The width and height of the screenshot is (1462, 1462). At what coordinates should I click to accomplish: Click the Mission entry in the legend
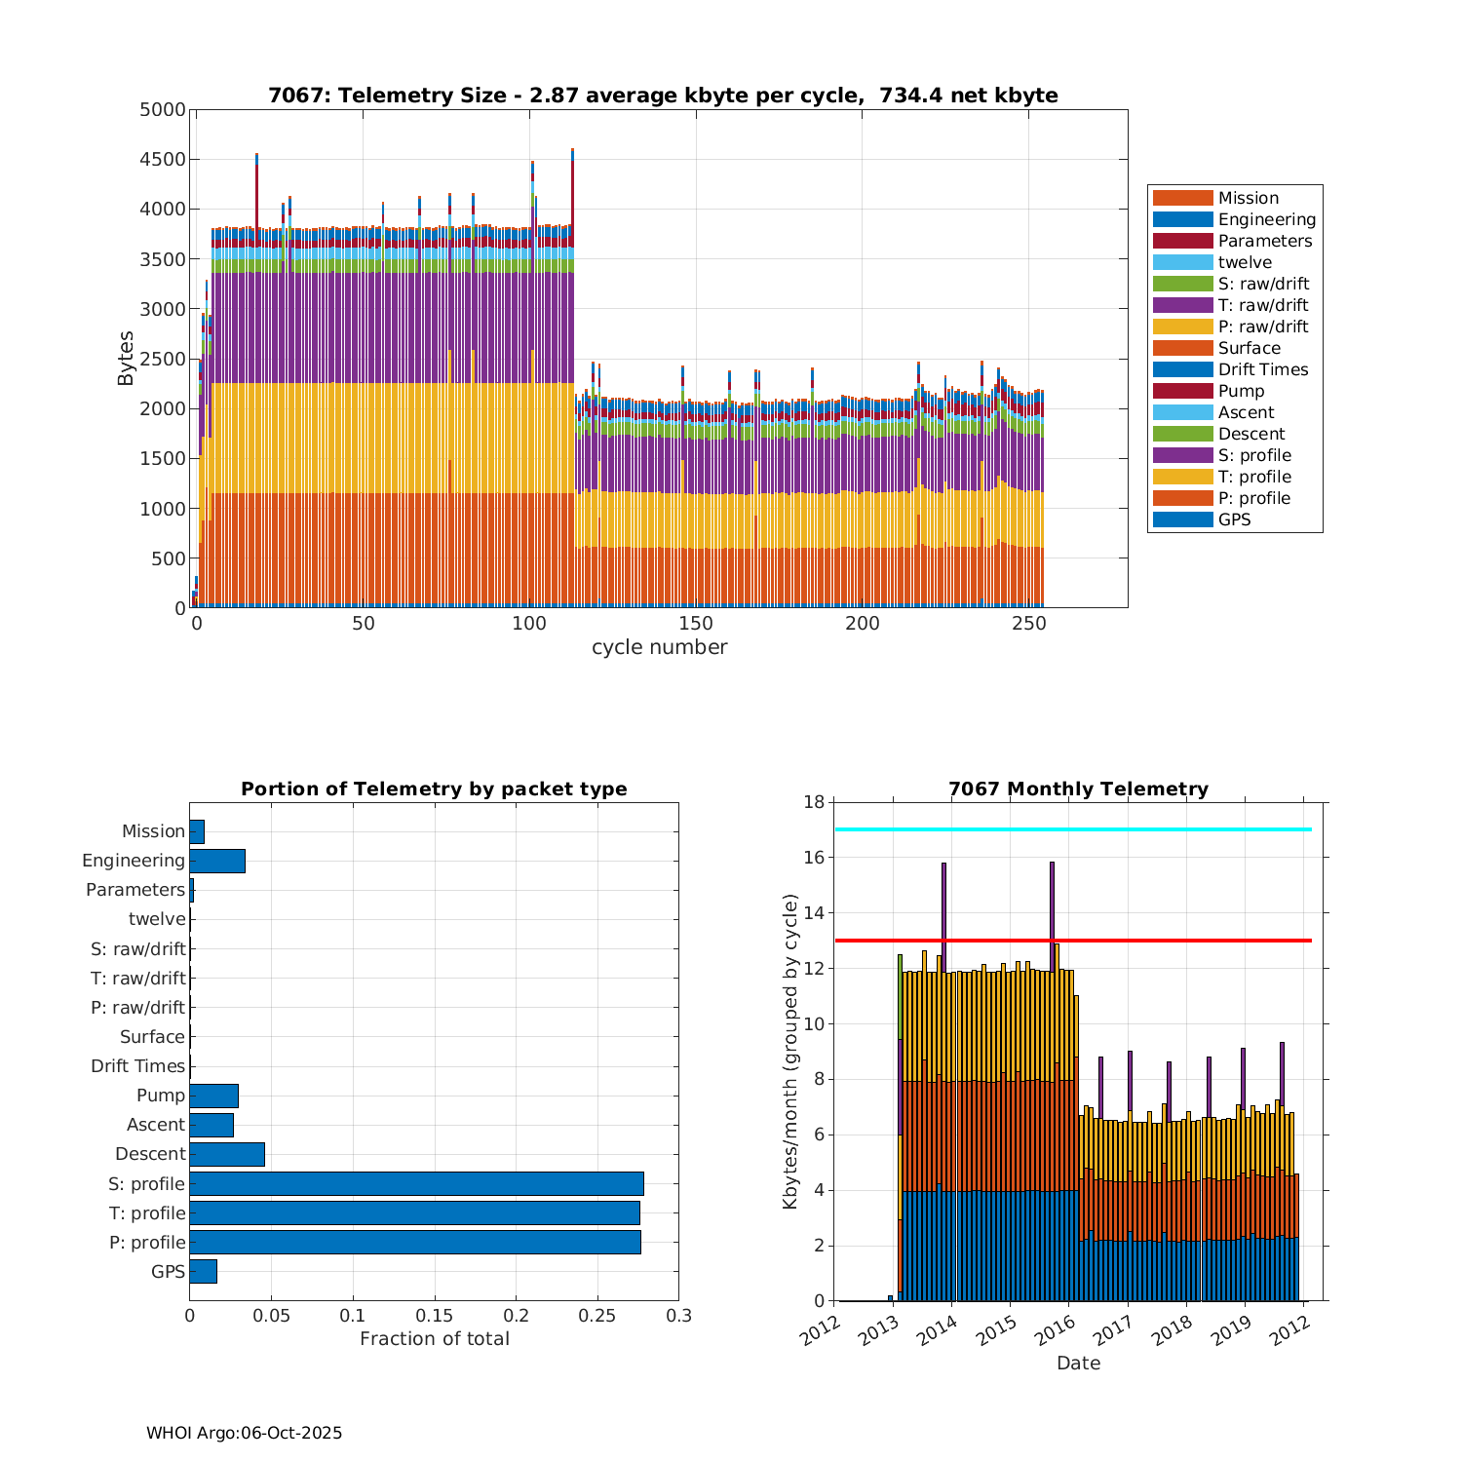click(1248, 198)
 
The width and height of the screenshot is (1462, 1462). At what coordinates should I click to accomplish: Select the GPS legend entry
click(1234, 519)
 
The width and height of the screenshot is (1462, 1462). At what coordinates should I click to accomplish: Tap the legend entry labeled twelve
click(1245, 262)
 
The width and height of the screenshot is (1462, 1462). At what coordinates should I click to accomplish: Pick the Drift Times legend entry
click(1262, 369)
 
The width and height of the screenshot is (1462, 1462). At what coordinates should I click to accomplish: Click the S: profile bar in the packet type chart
click(416, 1183)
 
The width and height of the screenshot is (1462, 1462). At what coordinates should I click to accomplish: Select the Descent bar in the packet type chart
click(227, 1154)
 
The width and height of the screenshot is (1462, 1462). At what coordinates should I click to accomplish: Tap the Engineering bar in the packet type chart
click(217, 861)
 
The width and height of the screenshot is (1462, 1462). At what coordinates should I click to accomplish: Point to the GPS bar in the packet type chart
click(203, 1271)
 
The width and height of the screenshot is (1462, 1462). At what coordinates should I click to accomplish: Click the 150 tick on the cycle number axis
click(696, 624)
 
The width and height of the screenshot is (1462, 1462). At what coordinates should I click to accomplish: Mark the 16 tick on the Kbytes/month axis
click(812, 858)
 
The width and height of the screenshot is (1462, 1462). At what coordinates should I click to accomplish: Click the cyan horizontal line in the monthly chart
click(1072, 829)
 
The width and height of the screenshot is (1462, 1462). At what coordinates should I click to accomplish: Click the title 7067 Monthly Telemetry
click(1078, 789)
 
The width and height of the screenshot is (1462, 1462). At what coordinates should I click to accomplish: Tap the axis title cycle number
click(659, 647)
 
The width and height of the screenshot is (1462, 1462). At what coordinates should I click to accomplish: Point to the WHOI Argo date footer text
click(244, 1433)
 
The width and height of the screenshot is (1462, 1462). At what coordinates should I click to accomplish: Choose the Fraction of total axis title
click(435, 1339)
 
